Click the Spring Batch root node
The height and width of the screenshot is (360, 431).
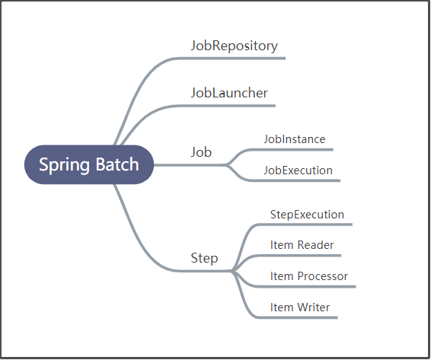[x=89, y=164]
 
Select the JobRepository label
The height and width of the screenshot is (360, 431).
[x=234, y=46]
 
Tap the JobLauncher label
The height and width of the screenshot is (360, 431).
[x=229, y=93]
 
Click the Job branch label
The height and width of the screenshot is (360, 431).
[x=201, y=152]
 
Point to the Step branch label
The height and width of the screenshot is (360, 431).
[x=204, y=258]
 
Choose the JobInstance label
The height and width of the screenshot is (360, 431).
[x=294, y=139]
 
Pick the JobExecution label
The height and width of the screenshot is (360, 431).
[x=298, y=170]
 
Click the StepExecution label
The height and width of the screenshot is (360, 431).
[x=307, y=215]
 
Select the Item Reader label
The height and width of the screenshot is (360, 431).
[x=302, y=245]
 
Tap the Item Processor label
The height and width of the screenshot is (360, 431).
[x=308, y=276]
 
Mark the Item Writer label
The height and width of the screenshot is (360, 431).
[x=300, y=307]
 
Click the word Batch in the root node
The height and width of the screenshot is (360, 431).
[x=117, y=164]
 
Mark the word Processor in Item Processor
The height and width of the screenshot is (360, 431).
[x=323, y=276]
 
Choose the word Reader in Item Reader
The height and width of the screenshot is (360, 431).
[x=316, y=245]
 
